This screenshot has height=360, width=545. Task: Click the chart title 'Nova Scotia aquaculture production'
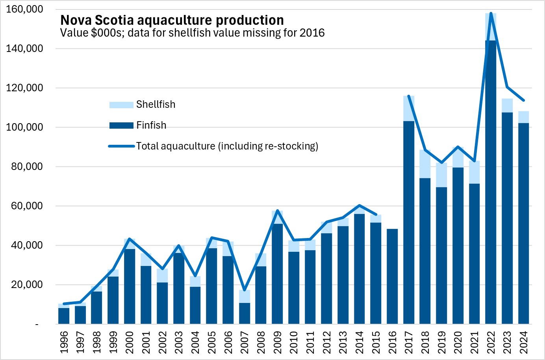172,20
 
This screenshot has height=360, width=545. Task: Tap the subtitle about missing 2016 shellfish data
192,33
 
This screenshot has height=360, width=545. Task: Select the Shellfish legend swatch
121,105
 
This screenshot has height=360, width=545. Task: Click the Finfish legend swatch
121,126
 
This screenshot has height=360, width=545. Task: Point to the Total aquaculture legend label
227,146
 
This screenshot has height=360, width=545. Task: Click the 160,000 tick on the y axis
24,9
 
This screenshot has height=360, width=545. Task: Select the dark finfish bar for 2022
491,181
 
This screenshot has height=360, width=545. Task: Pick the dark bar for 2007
245,313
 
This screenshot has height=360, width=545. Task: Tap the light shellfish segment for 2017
409,109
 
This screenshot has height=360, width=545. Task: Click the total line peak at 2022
491,13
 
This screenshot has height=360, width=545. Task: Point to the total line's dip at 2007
245,290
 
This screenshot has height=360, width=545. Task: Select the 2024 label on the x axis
523,342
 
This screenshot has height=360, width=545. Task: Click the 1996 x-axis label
64,342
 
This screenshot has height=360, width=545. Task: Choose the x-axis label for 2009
277,342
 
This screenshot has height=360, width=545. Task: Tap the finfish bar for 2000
130,286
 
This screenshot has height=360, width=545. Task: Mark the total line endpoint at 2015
376,214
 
